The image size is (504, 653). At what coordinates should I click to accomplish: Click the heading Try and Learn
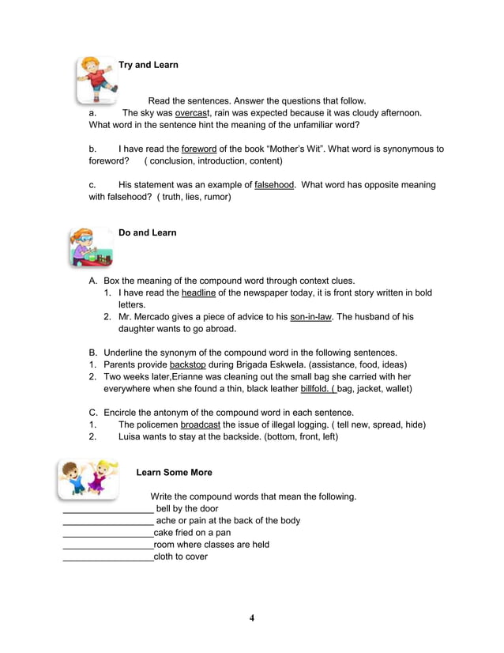click(148, 65)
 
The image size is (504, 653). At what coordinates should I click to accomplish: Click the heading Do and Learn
click(147, 232)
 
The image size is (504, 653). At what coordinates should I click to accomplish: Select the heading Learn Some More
click(174, 472)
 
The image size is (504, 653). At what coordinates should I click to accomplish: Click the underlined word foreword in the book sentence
click(199, 149)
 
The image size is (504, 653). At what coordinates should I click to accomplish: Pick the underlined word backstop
click(192, 364)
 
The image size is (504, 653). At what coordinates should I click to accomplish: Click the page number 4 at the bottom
click(252, 618)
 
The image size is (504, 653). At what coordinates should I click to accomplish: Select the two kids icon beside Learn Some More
click(87, 479)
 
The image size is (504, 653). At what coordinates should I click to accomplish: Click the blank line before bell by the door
click(107, 509)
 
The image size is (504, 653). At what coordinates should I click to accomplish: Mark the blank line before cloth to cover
click(107, 557)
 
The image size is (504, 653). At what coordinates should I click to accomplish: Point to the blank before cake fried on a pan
click(107, 533)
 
